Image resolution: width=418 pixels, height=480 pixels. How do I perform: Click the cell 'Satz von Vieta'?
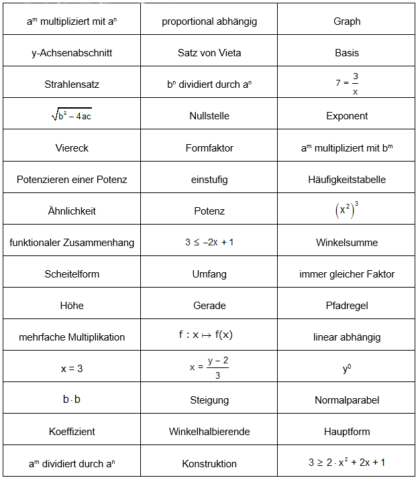[x=209, y=53]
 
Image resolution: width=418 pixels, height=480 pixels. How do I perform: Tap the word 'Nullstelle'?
[x=209, y=116]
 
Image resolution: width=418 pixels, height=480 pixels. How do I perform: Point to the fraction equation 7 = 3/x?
[x=347, y=84]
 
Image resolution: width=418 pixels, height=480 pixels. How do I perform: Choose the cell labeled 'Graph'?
[x=347, y=21]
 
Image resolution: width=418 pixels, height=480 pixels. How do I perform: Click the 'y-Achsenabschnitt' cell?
[x=72, y=53]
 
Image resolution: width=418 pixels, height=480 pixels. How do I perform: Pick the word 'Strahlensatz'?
[x=72, y=84]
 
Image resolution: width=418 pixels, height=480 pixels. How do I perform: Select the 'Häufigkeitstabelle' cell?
[x=347, y=180]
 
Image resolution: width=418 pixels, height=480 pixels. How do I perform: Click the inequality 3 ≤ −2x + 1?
[x=209, y=242]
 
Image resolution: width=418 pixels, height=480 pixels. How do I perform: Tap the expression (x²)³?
[x=347, y=210]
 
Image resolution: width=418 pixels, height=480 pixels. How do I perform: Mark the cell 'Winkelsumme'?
[x=347, y=243]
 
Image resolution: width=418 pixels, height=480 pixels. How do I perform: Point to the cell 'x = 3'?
[x=72, y=369]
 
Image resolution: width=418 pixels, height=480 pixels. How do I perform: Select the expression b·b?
[x=72, y=400]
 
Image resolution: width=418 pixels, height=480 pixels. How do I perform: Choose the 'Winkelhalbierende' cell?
[x=209, y=432]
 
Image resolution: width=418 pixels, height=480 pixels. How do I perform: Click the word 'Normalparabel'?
[x=347, y=400]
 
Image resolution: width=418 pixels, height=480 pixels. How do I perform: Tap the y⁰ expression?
[x=347, y=368]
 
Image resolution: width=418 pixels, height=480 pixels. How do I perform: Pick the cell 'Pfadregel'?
[x=347, y=306]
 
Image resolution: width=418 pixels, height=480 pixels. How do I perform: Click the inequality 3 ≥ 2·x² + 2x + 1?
[x=347, y=463]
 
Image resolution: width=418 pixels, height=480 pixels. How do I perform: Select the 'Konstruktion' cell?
[x=209, y=463]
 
